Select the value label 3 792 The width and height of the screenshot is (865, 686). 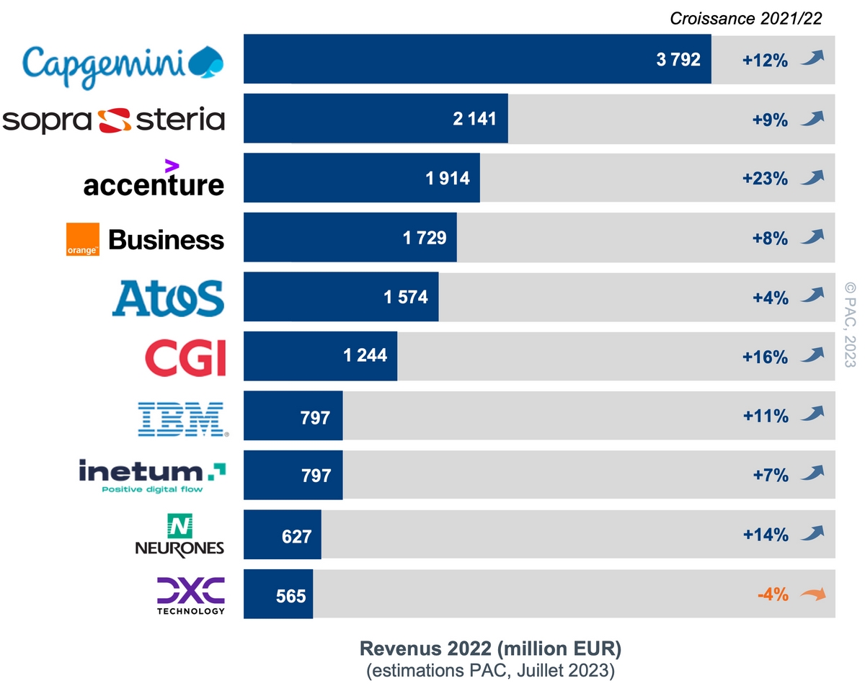point(678,60)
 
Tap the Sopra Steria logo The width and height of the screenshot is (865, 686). point(114,120)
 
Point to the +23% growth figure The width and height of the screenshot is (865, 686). point(765,179)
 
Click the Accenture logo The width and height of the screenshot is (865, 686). point(154,179)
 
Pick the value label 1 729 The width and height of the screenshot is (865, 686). point(425,238)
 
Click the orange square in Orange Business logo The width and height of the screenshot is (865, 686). point(83,239)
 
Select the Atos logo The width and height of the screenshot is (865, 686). point(168,298)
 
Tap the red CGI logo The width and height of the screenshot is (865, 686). point(185,357)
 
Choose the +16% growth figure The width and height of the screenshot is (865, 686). point(765,356)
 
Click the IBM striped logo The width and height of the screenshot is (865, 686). point(183,417)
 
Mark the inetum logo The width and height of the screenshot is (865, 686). point(152,476)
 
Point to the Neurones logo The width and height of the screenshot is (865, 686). point(179,535)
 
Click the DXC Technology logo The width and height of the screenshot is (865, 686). point(190,595)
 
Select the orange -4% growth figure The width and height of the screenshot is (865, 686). point(773,595)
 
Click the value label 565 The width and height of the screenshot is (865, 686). point(291,596)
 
